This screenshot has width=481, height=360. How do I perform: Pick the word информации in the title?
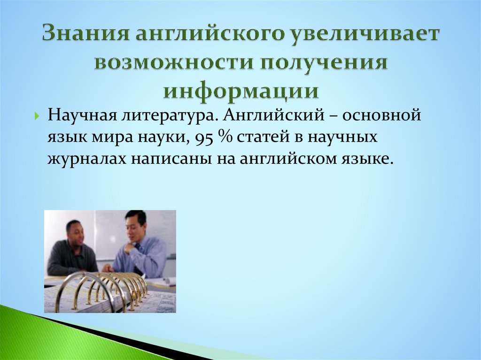coord(240,90)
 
